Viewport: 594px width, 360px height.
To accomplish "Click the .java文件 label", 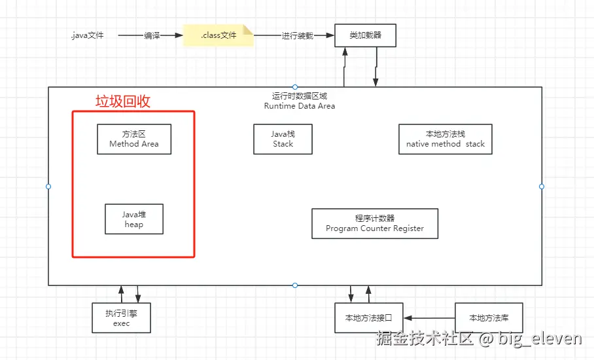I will [x=87, y=35].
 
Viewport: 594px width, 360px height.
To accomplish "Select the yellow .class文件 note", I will [x=218, y=35].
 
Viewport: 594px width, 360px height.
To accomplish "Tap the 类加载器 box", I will [x=365, y=35].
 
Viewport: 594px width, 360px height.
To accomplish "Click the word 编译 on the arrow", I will [x=152, y=35].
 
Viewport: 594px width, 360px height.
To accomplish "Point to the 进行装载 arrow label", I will [x=298, y=35].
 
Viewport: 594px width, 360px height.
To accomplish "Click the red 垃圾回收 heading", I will [x=123, y=101].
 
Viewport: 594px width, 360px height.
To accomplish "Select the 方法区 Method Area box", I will [x=134, y=139].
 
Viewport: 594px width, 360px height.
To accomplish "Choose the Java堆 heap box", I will [x=134, y=219].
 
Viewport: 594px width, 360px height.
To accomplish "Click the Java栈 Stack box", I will [x=283, y=139].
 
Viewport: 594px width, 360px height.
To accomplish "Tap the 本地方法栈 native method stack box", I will [x=445, y=139].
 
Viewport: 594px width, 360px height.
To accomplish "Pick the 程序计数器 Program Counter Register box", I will [x=375, y=224].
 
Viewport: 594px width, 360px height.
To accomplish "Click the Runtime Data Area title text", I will [x=300, y=105].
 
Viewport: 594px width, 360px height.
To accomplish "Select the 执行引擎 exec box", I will [x=122, y=318].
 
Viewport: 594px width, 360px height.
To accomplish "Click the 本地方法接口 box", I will [x=369, y=318].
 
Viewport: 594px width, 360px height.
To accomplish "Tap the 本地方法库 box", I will [x=489, y=318].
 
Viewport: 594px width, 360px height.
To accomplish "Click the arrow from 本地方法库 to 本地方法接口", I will [x=429, y=318].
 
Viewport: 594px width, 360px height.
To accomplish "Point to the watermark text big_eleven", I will [x=540, y=338].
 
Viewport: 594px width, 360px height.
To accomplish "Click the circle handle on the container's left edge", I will [x=48, y=187].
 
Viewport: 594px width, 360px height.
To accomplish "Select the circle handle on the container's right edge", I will [x=542, y=187].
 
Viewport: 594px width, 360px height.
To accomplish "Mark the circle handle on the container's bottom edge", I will [x=295, y=285].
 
